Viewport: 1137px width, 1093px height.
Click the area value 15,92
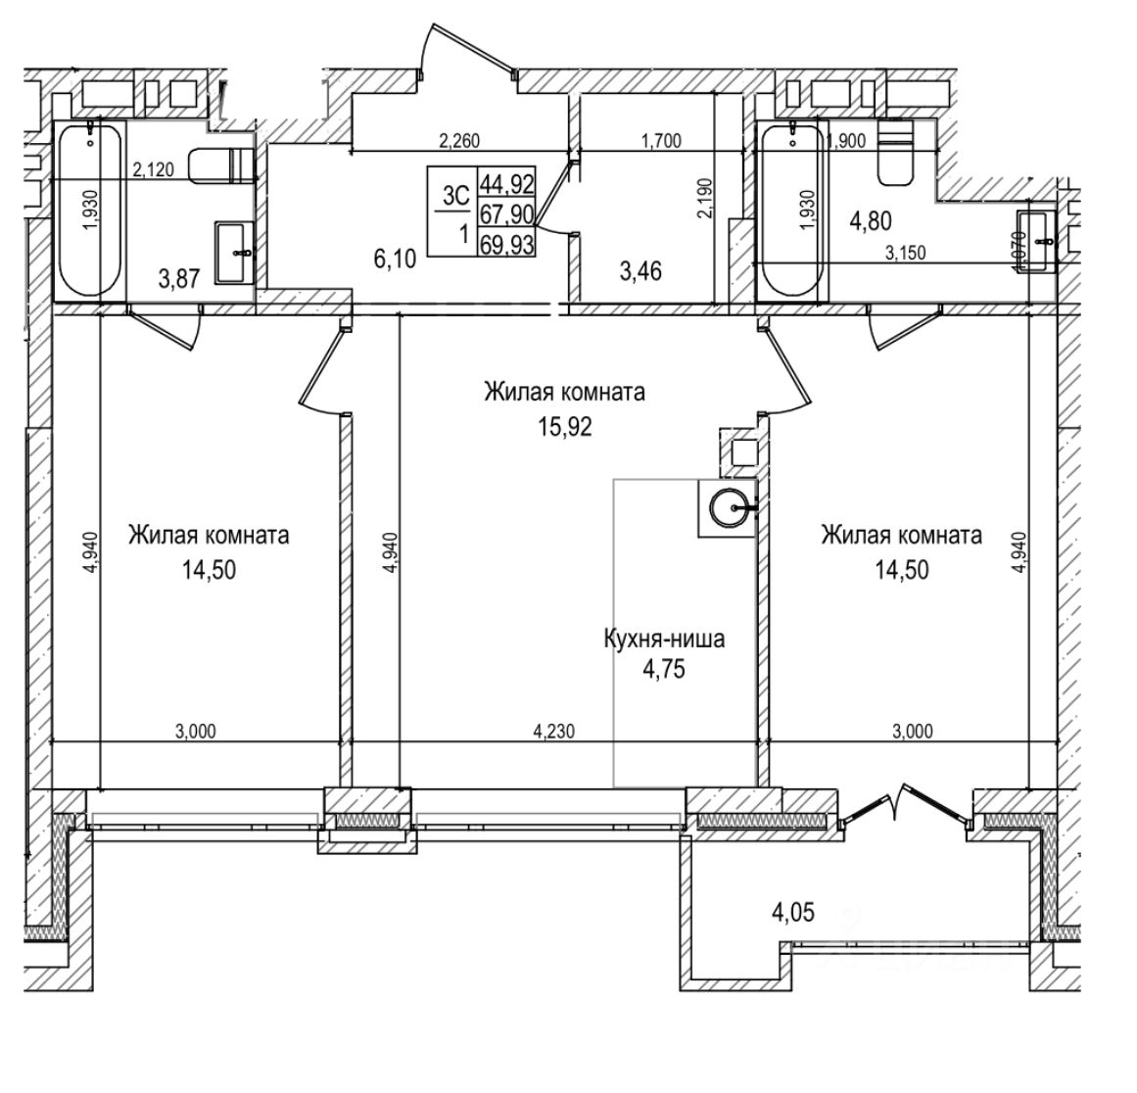564,427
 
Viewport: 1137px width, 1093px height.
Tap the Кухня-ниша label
663,641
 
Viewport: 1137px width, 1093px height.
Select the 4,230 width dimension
554,730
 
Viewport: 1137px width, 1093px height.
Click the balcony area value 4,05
793,914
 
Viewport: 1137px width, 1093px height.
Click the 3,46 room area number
641,270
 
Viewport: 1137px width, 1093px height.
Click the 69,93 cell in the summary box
505,245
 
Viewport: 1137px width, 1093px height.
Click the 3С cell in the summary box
454,196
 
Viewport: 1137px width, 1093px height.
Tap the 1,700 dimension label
661,141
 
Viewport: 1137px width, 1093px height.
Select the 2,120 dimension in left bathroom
153,169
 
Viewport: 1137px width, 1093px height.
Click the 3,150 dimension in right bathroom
906,254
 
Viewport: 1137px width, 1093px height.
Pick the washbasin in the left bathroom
235,252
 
